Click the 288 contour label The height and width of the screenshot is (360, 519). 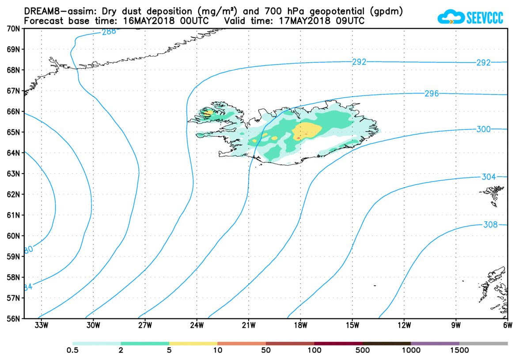point(109,31)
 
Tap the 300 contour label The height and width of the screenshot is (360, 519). point(484,129)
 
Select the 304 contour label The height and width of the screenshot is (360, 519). point(488,177)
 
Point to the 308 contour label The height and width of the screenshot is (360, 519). point(490,225)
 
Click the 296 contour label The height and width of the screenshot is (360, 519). point(431,94)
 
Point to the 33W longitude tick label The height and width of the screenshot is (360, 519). point(41,326)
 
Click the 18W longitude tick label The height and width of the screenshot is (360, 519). point(300,326)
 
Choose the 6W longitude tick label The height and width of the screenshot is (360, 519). point(508,326)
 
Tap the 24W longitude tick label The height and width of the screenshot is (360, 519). point(197,326)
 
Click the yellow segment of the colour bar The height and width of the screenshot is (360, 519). point(193,343)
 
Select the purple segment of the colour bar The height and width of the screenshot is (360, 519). point(435,343)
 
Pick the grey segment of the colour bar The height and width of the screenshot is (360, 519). point(483,343)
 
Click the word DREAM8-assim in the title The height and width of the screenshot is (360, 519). point(54,11)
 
